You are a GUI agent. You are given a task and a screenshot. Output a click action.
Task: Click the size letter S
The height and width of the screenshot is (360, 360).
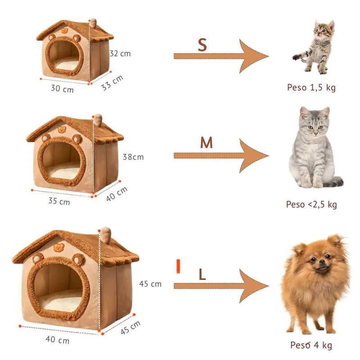[202, 45]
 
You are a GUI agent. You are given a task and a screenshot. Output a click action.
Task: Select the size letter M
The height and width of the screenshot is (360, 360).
[206, 143]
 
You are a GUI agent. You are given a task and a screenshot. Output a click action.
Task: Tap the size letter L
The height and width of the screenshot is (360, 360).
[202, 275]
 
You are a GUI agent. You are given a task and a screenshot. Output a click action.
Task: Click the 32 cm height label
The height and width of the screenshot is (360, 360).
[120, 53]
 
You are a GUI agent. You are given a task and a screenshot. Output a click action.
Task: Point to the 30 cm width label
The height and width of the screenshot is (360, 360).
[62, 89]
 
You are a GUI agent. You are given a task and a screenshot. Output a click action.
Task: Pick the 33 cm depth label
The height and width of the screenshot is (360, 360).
[112, 83]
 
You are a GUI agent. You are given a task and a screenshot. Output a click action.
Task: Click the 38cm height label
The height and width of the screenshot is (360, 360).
[133, 157]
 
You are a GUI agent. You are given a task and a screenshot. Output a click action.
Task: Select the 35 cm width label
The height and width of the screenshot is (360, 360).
[59, 201]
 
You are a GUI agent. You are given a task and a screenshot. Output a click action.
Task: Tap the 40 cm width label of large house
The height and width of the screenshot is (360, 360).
[57, 340]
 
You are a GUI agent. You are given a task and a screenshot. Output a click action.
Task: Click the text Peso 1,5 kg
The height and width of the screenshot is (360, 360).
[311, 87]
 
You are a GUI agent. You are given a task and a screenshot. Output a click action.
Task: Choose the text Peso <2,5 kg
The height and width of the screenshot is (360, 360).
[311, 204]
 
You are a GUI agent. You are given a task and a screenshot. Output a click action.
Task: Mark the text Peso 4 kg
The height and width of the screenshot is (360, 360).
[311, 345]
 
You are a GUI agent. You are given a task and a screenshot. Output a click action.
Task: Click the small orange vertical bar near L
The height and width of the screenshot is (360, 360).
[178, 266]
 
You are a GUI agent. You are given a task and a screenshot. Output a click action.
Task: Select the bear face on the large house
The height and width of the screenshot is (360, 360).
[59, 247]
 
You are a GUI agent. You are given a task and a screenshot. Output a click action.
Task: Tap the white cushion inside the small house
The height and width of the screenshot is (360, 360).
[66, 66]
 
